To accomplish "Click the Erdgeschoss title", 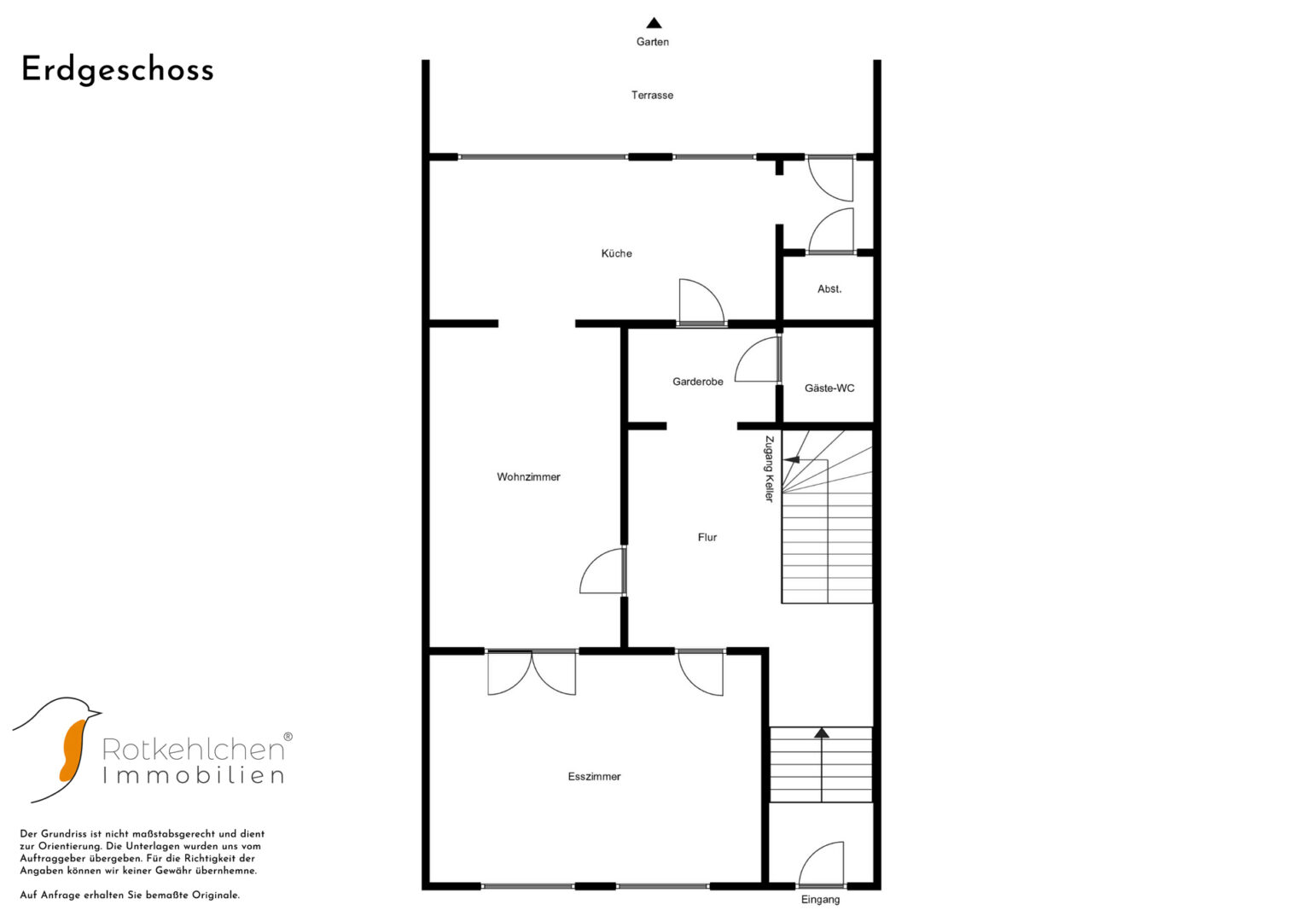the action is tap(118, 71).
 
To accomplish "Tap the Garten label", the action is tap(653, 42).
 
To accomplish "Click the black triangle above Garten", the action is tap(654, 23).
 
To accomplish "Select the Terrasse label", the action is tap(652, 95).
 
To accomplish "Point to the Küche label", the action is tap(617, 254).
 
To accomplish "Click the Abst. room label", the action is tap(829, 289).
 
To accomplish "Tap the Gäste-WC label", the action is tap(829, 388).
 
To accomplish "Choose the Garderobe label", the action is tap(698, 382).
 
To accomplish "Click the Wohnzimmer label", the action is tap(528, 477).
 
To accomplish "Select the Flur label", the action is tap(707, 537).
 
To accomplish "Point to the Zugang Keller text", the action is tap(769, 469).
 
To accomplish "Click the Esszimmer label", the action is tap(595, 777).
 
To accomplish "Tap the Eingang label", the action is tap(820, 899).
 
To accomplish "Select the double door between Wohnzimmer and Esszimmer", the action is tap(532, 673).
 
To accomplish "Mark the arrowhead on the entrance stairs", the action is tap(822, 732).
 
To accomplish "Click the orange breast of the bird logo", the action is tap(73, 751).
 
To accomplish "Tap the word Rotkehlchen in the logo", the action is tap(193, 750).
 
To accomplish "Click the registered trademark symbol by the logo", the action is tap(288, 736).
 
